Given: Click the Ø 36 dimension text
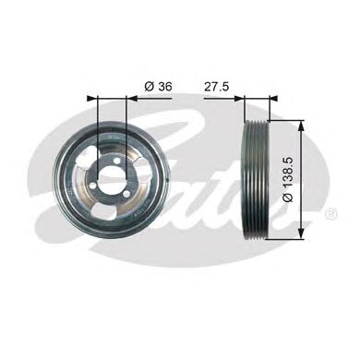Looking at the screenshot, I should point(158,85).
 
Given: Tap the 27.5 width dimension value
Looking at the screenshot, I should point(217,85).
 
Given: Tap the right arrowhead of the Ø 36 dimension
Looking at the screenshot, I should point(130,97).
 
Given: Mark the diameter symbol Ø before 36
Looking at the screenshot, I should point(147,85).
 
